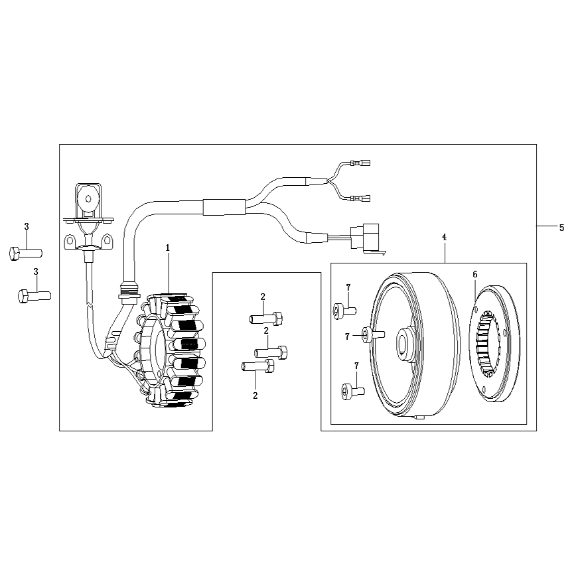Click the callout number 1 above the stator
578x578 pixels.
tap(168, 248)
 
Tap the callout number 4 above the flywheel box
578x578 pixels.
tap(444, 238)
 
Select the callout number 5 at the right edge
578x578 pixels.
tap(561, 228)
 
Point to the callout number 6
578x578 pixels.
tap(474, 274)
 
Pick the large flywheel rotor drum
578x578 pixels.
tap(415, 345)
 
